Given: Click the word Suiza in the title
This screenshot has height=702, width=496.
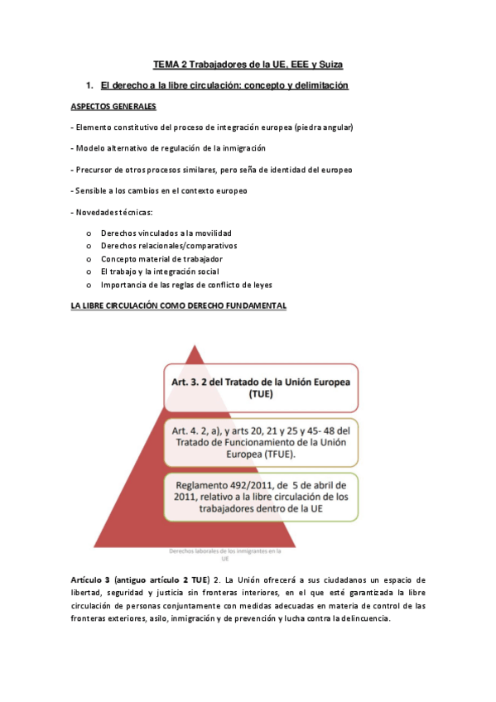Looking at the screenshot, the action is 326,64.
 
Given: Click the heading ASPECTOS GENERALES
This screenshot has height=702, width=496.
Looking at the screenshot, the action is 113,106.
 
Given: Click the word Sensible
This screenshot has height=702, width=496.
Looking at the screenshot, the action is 92,191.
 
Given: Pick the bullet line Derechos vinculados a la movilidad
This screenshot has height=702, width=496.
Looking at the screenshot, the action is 166,233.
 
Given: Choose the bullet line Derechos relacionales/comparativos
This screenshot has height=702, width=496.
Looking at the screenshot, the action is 169,246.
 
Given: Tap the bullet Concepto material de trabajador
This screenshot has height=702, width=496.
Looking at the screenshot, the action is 161,259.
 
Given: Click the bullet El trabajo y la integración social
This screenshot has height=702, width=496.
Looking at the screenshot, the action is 166,272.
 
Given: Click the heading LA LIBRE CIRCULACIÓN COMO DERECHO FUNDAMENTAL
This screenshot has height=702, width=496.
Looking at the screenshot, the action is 179,305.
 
